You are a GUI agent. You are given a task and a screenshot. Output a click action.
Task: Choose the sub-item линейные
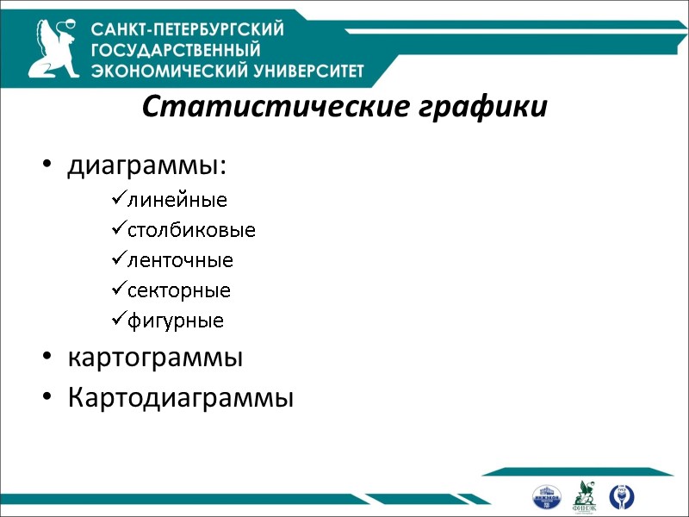(177, 201)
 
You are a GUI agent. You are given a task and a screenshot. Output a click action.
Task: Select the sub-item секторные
(178, 290)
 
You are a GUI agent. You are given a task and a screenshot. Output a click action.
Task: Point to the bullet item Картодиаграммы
(180, 398)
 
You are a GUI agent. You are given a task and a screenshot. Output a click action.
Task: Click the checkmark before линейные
(118, 201)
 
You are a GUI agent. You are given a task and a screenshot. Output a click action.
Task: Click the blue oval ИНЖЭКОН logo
(546, 496)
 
